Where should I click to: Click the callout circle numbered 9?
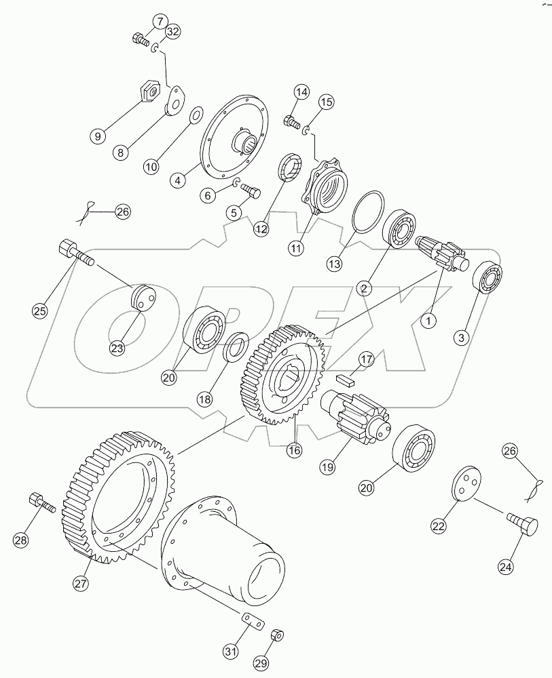98,136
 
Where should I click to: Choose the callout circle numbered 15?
326,102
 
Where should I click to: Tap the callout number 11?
295,248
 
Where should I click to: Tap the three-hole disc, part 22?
465,487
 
